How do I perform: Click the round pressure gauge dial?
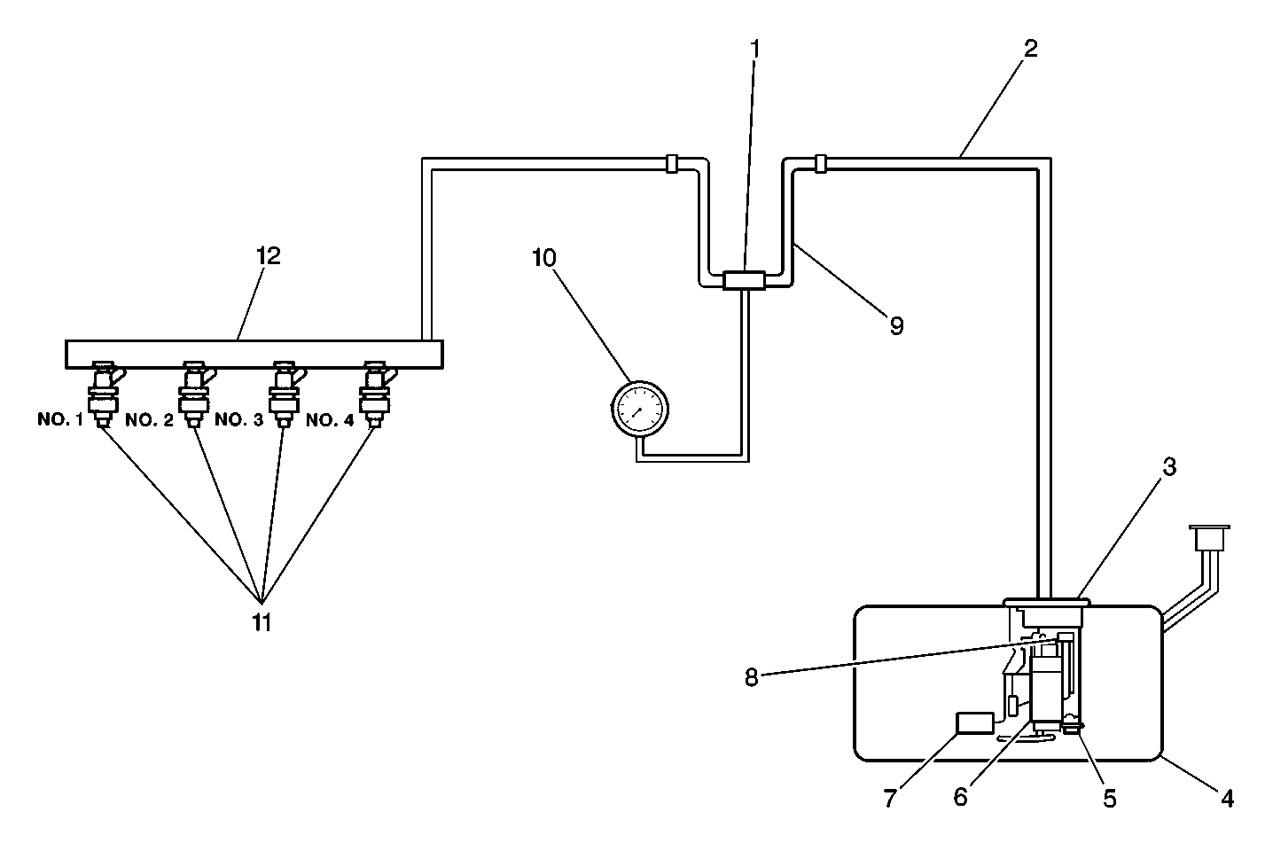[639, 410]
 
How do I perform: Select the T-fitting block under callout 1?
[744, 280]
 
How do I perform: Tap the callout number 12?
[268, 257]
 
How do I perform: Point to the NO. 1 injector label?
[59, 419]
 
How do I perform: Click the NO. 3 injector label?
[238, 419]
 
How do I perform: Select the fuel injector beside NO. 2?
[194, 394]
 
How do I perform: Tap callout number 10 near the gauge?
[544, 258]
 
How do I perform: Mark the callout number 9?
[896, 326]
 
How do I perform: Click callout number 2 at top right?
[1029, 50]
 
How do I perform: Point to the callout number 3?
[1169, 466]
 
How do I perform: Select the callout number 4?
[1226, 798]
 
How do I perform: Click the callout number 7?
[890, 798]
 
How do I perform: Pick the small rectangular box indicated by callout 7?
[973, 722]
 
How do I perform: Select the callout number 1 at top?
[755, 50]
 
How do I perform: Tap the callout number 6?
[961, 798]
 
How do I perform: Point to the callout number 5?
[1109, 798]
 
